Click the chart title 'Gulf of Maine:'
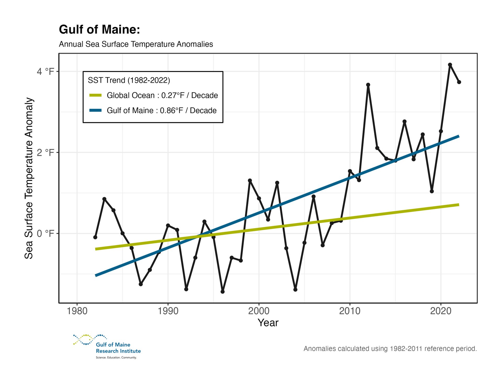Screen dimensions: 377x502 pyautogui.click(x=99, y=29)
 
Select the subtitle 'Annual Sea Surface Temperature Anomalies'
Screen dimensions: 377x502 pyautogui.click(x=136, y=44)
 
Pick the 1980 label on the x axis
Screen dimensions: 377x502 pyautogui.click(x=77, y=311)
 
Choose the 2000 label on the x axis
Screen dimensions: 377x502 pyautogui.click(x=259, y=311)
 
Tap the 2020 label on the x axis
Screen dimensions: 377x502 pyautogui.click(x=441, y=311)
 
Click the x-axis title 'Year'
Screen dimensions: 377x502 pyautogui.click(x=268, y=323)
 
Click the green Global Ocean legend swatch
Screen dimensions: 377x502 pyautogui.click(x=95, y=95)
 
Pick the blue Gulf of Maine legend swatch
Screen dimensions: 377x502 pyautogui.click(x=95, y=110)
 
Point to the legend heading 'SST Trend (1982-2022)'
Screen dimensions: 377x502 pyautogui.click(x=129, y=80)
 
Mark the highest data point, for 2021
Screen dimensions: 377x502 pyautogui.click(x=450, y=65)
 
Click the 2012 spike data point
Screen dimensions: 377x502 pyautogui.click(x=368, y=85)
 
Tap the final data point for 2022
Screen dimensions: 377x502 pyautogui.click(x=459, y=82)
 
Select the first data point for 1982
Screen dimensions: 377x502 pyautogui.click(x=95, y=237)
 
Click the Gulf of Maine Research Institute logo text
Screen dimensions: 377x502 pyautogui.click(x=118, y=348)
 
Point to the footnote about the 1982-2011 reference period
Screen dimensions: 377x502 pyautogui.click(x=390, y=349)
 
